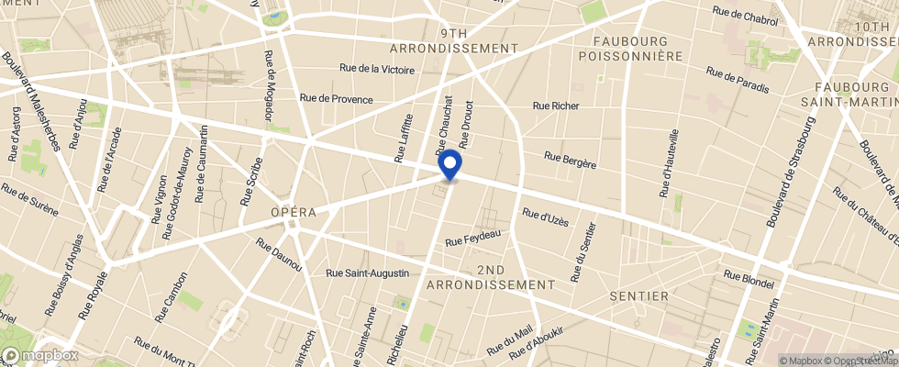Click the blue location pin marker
click(449, 165)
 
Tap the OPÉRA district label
click(294, 213)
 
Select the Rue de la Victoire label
click(377, 69)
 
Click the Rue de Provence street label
click(336, 99)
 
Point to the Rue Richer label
click(556, 106)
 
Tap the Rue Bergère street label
click(571, 160)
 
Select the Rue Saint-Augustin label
click(368, 272)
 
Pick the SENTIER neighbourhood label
click(639, 297)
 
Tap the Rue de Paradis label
click(738, 81)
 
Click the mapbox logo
click(40, 355)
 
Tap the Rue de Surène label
click(30, 200)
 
